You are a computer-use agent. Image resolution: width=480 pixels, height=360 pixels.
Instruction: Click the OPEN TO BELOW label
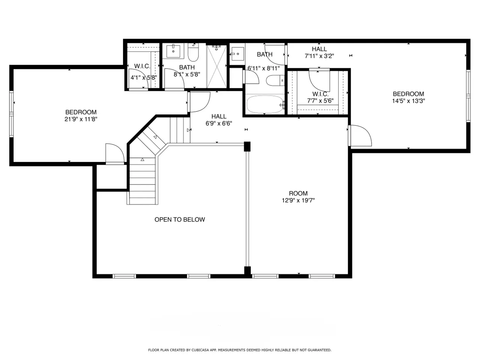[x=180, y=219]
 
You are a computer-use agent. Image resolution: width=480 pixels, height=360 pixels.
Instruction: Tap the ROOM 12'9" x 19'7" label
[x=298, y=197]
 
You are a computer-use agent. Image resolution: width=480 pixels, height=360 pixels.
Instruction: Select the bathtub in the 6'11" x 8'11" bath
[x=265, y=105]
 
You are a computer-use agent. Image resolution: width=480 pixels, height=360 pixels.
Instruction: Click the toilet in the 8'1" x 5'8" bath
[x=193, y=52]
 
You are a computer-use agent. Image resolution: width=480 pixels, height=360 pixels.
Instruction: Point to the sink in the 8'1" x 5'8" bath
[x=173, y=51]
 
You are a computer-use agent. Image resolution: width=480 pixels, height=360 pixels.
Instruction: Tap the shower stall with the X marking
[x=217, y=66]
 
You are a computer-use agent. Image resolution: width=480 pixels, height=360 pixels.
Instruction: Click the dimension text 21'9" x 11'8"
[x=81, y=119]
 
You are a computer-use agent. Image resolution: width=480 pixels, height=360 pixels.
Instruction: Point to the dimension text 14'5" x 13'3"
[x=408, y=101]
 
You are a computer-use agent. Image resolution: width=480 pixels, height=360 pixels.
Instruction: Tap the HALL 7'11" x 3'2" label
[x=319, y=52]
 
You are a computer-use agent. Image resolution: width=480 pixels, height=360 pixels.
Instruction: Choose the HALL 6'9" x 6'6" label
[x=219, y=120]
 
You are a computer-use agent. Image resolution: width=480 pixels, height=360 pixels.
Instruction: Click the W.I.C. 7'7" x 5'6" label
[x=320, y=97]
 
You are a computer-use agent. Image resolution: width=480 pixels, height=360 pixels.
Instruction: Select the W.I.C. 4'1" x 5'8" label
[x=143, y=72]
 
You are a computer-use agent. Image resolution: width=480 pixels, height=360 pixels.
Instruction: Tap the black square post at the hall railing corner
[x=247, y=147]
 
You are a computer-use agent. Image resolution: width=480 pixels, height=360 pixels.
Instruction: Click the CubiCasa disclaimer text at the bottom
[x=240, y=350]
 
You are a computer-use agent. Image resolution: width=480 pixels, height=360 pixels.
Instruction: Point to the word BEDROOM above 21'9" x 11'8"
[x=81, y=112]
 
